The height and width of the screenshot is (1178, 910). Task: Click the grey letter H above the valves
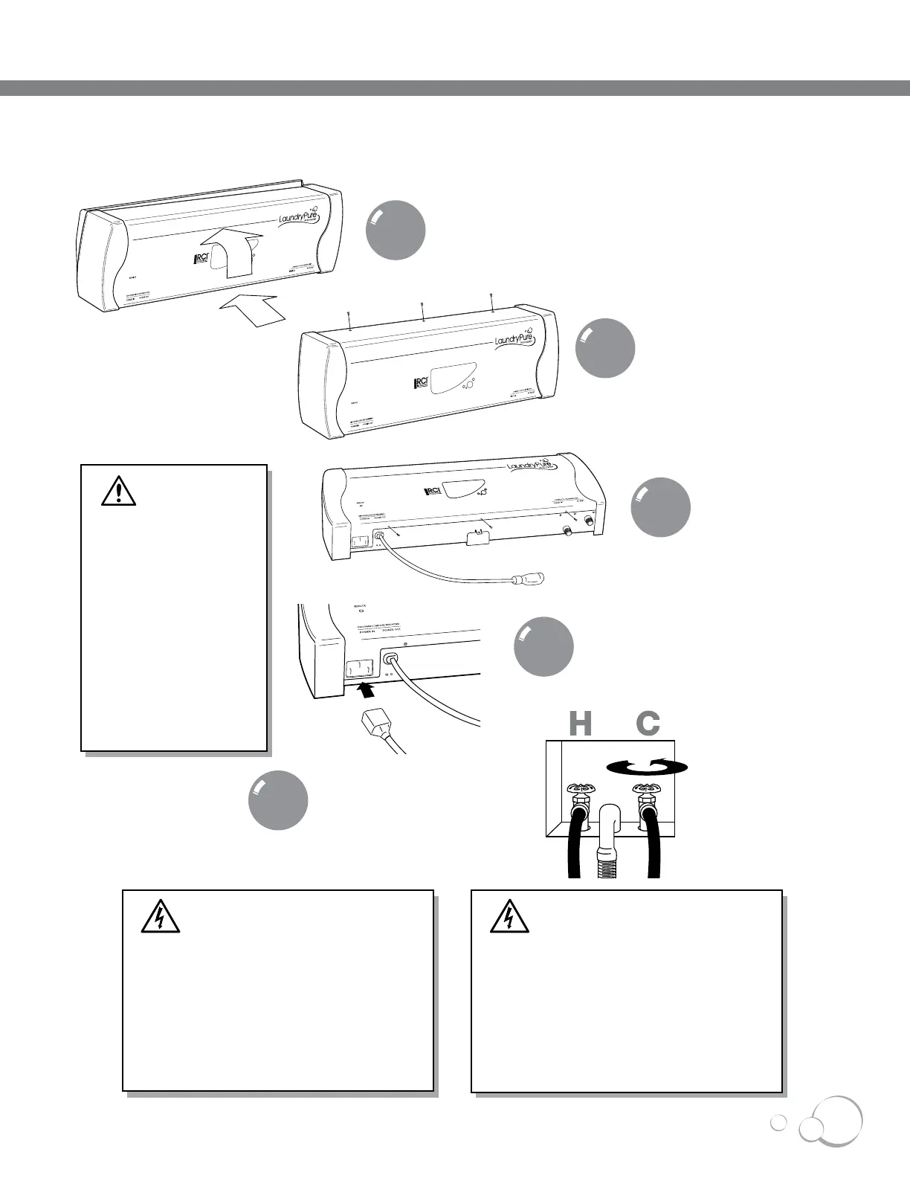coord(580,724)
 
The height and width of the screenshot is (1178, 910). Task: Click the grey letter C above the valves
coord(648,724)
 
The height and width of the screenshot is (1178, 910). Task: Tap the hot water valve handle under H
coord(575,790)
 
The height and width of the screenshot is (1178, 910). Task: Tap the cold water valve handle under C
coord(645,790)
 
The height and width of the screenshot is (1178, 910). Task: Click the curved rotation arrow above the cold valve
coord(642,767)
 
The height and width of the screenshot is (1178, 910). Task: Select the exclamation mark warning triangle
coord(119,490)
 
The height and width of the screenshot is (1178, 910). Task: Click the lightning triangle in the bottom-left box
coord(161,917)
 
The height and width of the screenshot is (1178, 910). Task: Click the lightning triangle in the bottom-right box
coord(509,917)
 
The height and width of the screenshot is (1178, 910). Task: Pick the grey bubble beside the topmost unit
coord(396,230)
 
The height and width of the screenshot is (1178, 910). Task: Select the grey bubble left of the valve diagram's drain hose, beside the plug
coord(278,801)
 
